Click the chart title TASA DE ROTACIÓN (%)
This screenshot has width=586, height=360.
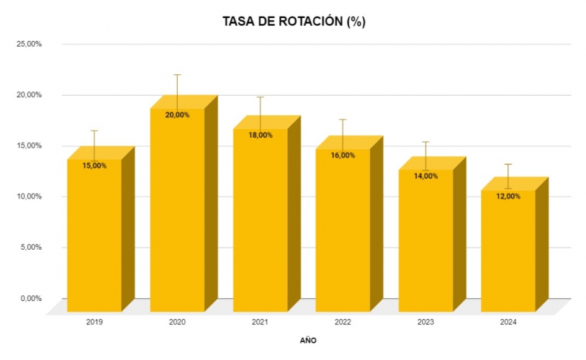point(294,22)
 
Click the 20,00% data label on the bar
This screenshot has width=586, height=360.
point(177,115)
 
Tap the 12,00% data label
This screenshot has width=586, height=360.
point(508,197)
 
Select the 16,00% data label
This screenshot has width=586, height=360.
point(343,156)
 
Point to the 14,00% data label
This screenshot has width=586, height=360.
point(425,176)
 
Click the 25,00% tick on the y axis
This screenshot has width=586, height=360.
point(30,44)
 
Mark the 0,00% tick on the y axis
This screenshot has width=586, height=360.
point(32,298)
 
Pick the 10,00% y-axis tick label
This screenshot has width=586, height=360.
point(30,197)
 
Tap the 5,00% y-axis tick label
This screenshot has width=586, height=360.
point(32,248)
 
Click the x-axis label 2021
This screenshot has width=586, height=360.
point(260,323)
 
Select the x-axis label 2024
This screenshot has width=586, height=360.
point(508,323)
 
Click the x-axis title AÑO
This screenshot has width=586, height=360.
point(308,340)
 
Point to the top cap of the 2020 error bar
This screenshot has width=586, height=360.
point(177,75)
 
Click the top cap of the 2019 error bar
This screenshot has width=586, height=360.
point(94,131)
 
